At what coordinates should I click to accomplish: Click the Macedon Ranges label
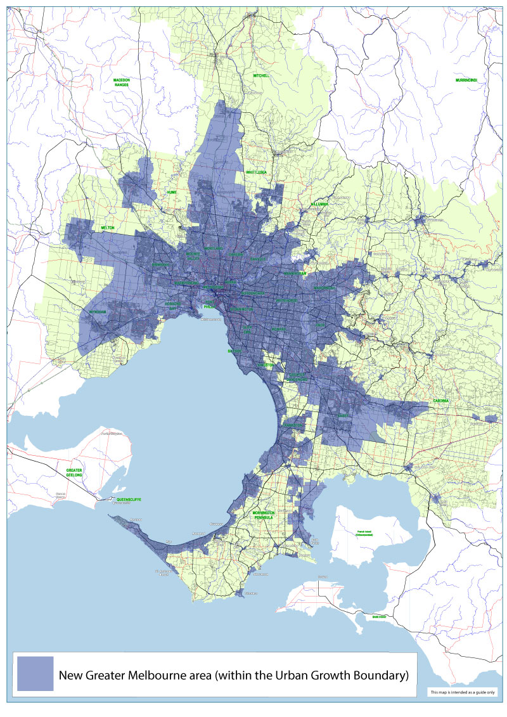[x=122, y=82]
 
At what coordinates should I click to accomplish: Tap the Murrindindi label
[x=466, y=81]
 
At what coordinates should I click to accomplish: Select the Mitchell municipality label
[x=261, y=75]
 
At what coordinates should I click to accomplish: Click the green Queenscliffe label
[x=129, y=500]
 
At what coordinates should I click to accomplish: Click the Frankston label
[x=293, y=425]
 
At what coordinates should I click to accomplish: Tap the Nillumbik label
[x=319, y=204]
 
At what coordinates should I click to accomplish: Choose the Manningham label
[x=295, y=274]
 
